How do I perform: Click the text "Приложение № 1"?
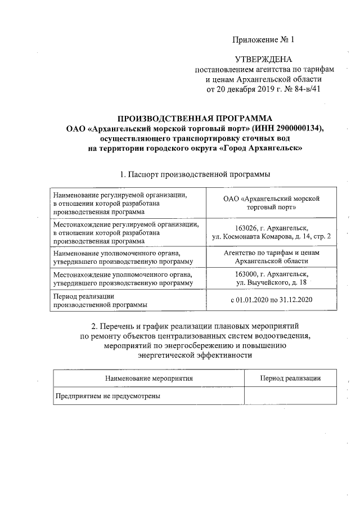point(263,40)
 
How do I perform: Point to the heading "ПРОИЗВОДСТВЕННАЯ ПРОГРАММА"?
point(194,118)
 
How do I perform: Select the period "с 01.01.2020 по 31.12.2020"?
point(271,300)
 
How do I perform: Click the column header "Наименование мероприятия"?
point(149,379)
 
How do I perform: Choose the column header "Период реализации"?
point(291,379)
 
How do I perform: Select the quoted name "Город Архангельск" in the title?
point(260,148)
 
